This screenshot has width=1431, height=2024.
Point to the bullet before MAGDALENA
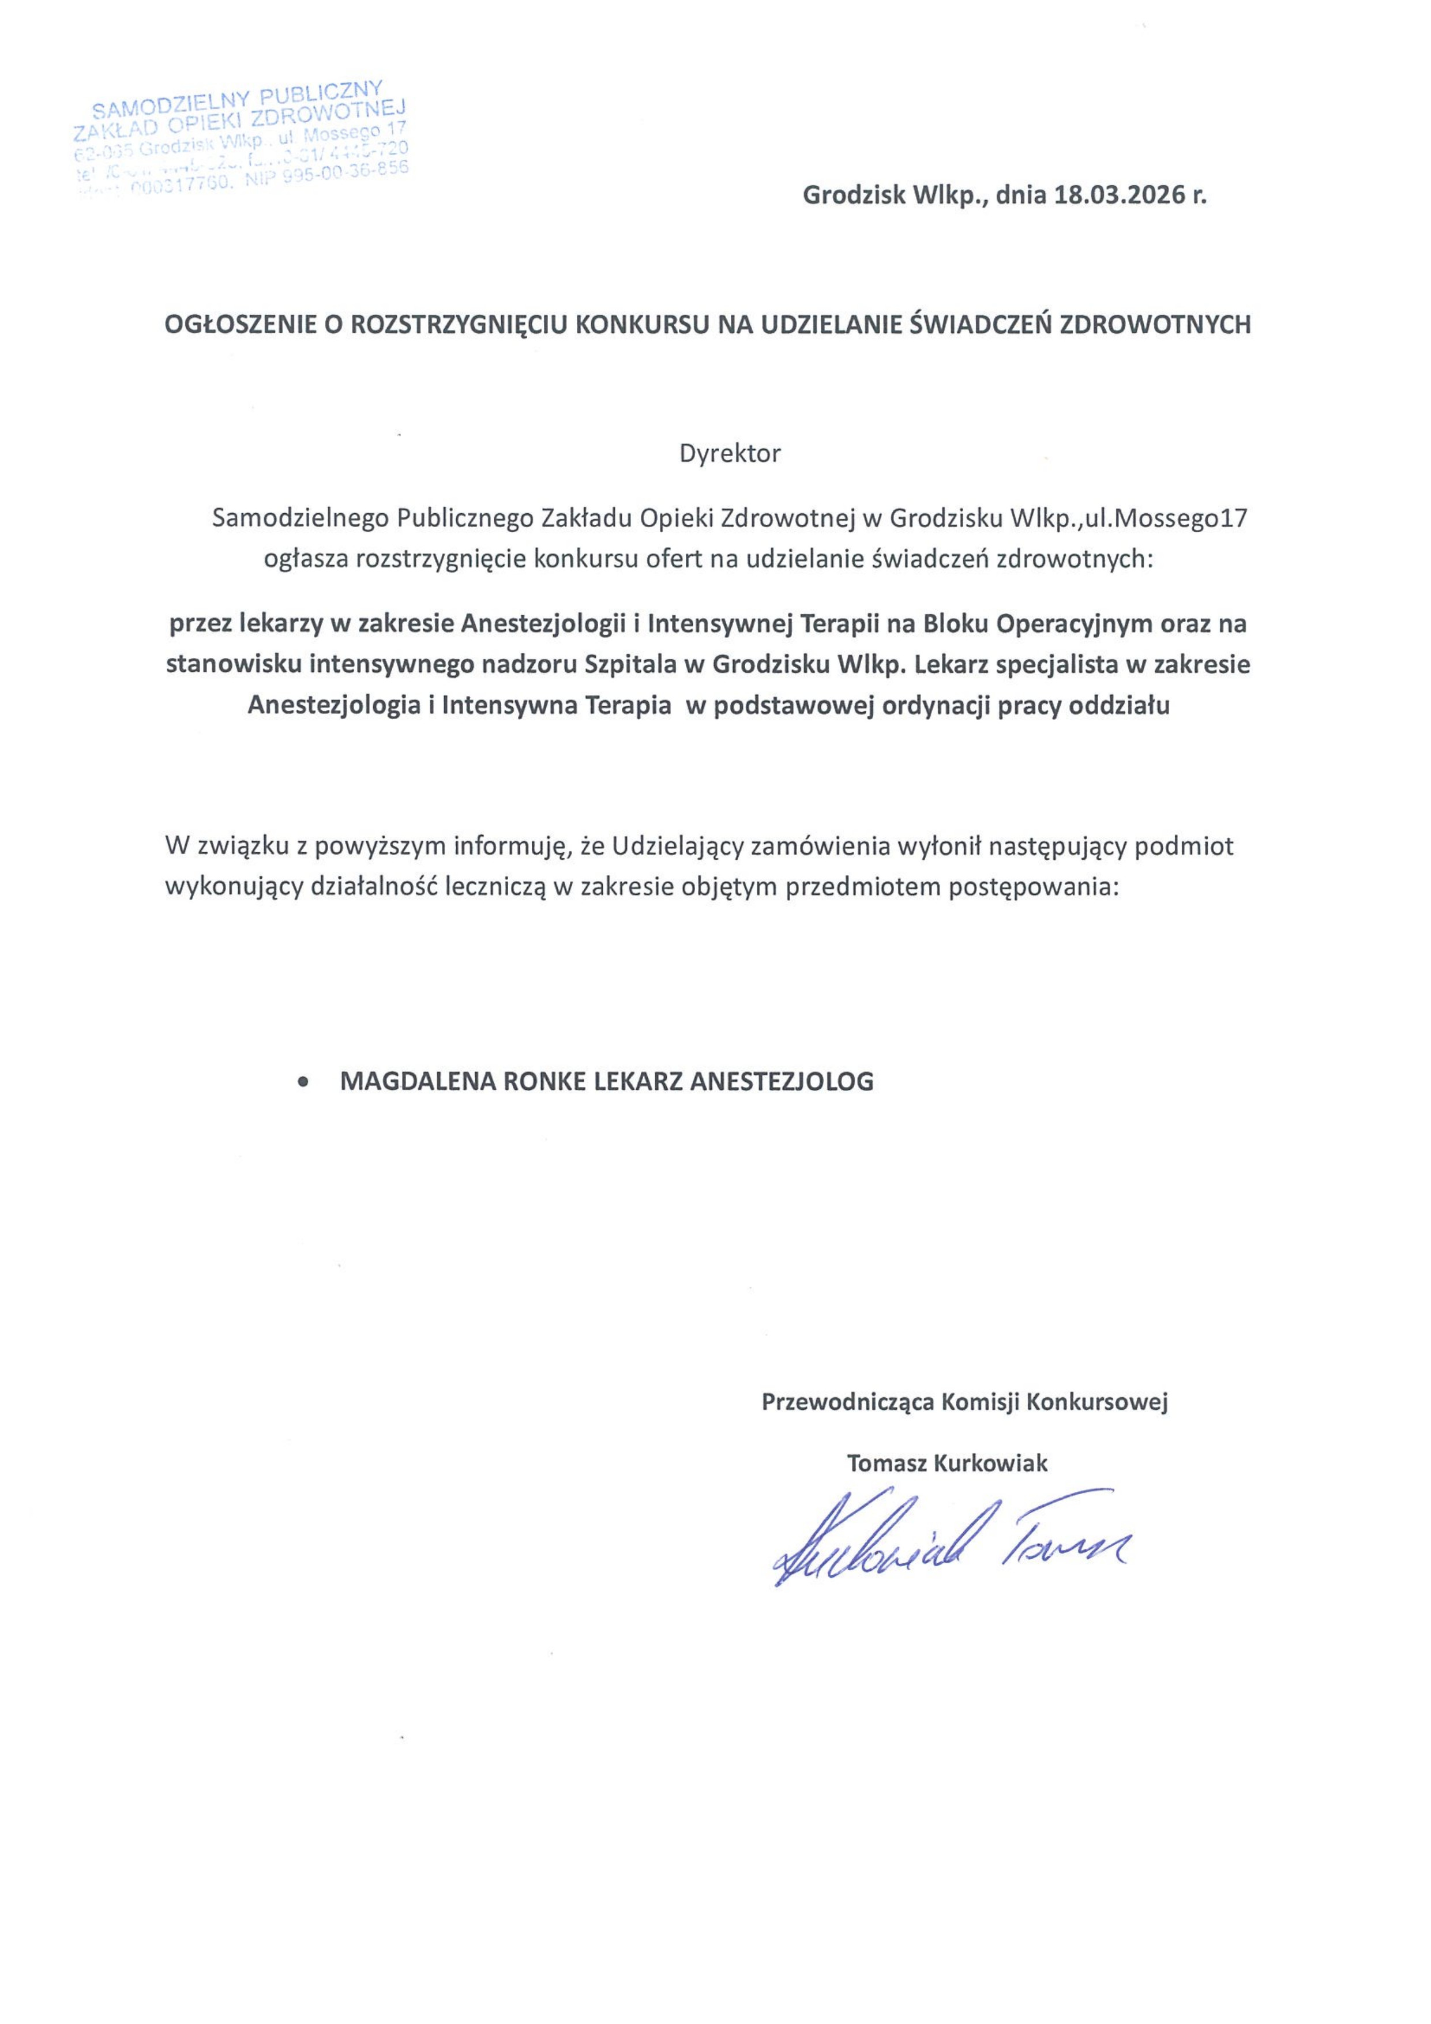pos(304,1082)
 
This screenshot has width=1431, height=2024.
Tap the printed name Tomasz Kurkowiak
pos(947,1464)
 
